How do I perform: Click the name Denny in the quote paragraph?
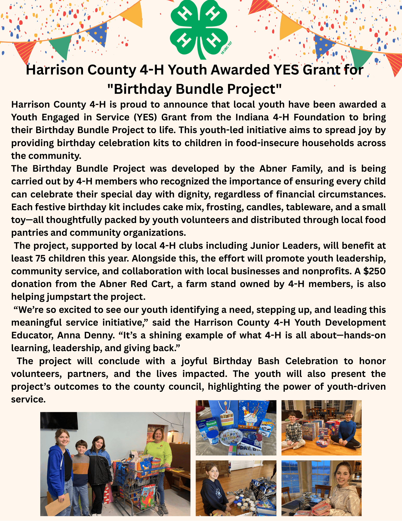pyautogui.click(x=100, y=335)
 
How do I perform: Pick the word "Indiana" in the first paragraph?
pyautogui.click(x=252, y=117)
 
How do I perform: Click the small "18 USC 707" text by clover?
pyautogui.click(x=226, y=48)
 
